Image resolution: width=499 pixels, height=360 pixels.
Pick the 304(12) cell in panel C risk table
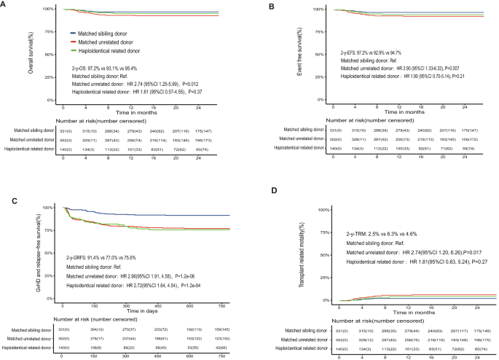pyautogui.click(x=96, y=329)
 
